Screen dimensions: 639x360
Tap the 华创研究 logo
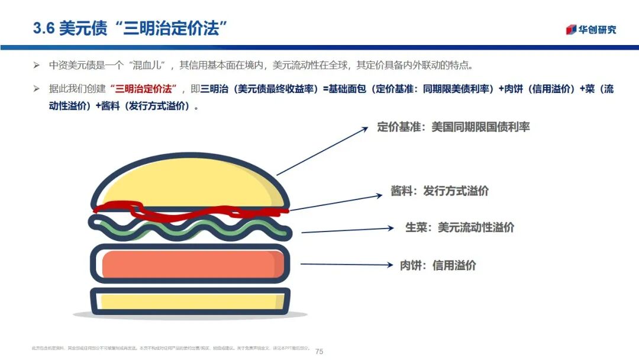(591, 30)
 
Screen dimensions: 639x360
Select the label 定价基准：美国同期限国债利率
(453, 127)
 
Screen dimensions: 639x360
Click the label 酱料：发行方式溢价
(440, 191)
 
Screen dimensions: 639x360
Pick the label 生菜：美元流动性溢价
(460, 227)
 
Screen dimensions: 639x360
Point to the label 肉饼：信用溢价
(438, 265)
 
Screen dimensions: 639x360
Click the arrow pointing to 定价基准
(322, 151)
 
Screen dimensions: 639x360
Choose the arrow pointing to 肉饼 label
(347, 265)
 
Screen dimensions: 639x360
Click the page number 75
(319, 351)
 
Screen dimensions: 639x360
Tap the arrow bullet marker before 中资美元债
(36, 65)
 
